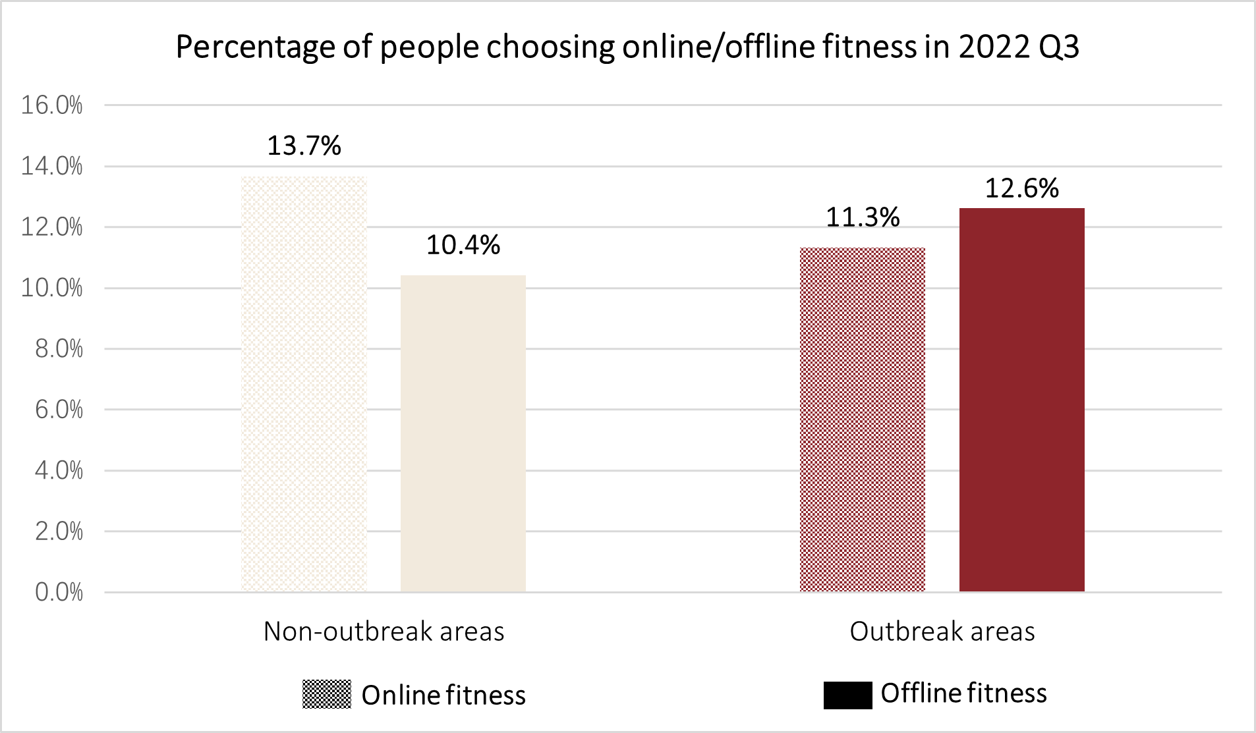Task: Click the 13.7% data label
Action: click(304, 146)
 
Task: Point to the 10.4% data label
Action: click(463, 246)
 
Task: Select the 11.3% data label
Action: click(862, 217)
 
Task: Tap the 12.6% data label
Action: click(1021, 188)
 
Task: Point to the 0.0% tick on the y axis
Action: click(59, 592)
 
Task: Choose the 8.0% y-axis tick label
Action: click(59, 349)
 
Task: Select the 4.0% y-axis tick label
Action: click(59, 470)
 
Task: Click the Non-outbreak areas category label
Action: click(384, 632)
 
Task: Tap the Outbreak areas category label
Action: click(942, 632)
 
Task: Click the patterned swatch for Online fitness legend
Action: click(326, 694)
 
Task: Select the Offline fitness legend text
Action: click(963, 693)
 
